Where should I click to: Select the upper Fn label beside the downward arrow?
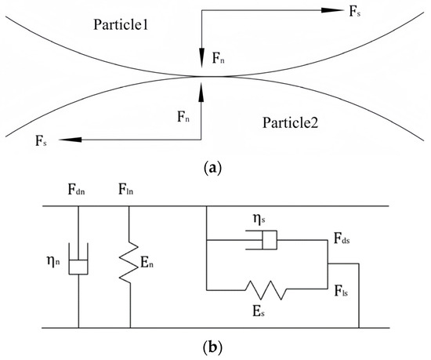coord(221,56)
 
